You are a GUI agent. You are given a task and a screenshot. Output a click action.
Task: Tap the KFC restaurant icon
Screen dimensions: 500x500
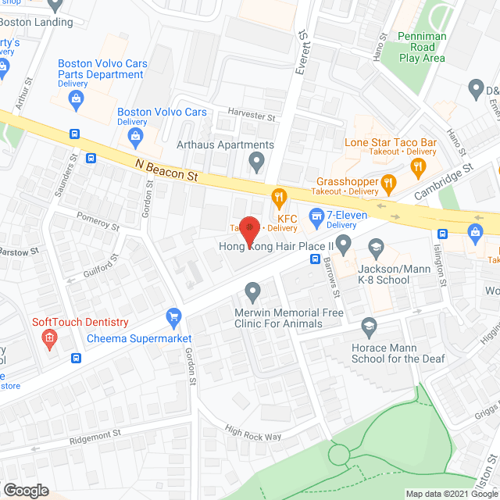[275, 195]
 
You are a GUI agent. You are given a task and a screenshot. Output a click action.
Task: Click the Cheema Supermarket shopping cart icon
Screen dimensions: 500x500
[173, 316]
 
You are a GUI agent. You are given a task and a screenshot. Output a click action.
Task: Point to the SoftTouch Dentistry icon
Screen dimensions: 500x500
[49, 338]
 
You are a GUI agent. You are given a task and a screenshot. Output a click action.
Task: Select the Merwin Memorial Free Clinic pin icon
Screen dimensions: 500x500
[252, 293]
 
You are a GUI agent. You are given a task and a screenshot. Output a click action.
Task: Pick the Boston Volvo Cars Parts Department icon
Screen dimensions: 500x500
[76, 98]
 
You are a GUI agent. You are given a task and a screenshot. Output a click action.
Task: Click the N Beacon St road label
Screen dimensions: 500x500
[165, 170]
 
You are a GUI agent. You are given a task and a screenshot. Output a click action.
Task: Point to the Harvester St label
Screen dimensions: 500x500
[252, 116]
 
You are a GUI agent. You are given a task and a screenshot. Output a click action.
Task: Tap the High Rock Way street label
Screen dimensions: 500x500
[252, 432]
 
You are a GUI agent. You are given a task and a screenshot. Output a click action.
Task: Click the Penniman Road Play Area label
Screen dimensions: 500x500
[422, 47]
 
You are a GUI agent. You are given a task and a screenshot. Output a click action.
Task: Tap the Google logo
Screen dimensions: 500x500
[26, 490]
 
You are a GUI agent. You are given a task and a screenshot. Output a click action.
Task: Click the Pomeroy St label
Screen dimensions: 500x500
[97, 220]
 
